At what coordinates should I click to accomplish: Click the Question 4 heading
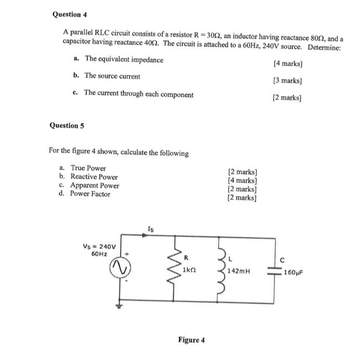(70, 15)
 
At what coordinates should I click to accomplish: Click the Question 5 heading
(67, 125)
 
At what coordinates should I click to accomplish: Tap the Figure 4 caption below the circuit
(191, 340)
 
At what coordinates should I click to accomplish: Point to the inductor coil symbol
(222, 269)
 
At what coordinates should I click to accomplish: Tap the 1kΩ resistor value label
(188, 271)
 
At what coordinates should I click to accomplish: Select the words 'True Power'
(88, 168)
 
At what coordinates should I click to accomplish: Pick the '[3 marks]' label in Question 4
(288, 81)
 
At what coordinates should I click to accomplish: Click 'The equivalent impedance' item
(124, 60)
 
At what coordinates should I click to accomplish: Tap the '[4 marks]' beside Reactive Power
(243, 181)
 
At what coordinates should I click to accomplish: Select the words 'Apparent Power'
(95, 185)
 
